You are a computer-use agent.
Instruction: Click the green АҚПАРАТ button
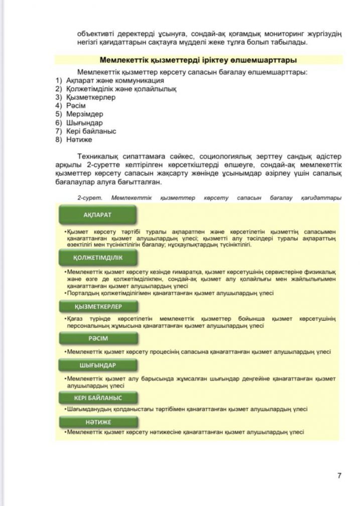click(97, 214)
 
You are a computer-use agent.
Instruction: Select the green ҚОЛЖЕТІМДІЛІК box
click(97, 258)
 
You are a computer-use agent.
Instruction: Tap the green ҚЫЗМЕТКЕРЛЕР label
click(98, 306)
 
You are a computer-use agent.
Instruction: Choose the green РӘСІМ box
click(98, 338)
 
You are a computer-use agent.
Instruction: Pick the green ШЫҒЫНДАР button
click(97, 365)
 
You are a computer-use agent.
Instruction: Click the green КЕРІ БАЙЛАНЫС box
click(97, 398)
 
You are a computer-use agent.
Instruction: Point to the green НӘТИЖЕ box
click(97, 422)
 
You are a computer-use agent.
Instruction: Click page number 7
click(339, 475)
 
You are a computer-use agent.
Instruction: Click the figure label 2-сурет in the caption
click(88, 198)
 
